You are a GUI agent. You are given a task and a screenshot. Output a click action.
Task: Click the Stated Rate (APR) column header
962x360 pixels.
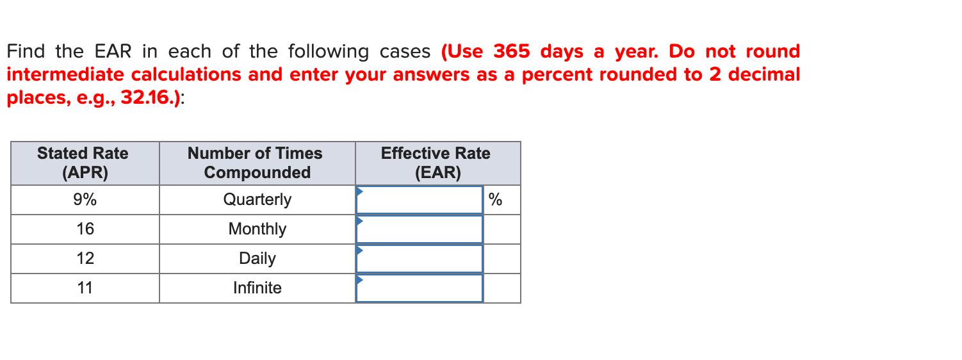tap(83, 163)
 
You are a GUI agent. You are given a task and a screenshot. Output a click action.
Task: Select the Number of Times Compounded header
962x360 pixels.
tap(256, 163)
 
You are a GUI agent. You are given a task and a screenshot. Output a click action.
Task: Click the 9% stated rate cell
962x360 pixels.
tap(85, 200)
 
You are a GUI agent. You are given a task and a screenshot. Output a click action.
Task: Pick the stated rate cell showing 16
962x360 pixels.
tap(85, 229)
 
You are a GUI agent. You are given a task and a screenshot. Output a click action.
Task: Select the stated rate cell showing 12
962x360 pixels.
tap(85, 259)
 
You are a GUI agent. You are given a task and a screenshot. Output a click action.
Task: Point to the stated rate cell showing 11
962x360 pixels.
tap(85, 288)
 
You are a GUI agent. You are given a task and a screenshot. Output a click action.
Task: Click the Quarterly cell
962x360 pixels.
tap(257, 200)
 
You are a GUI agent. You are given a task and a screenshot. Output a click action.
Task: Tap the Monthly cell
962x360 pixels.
tap(257, 229)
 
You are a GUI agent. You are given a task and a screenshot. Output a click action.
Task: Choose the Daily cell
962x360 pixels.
tap(257, 259)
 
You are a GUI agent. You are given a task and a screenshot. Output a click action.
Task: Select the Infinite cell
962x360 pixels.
tap(257, 288)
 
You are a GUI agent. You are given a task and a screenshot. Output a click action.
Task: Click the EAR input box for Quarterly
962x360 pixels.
tap(420, 200)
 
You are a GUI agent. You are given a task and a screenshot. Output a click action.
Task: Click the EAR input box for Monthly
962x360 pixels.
tap(420, 229)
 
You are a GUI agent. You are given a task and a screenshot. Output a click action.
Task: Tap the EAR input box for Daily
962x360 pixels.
tap(420, 259)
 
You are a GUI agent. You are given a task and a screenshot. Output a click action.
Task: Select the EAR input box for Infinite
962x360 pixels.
tap(420, 288)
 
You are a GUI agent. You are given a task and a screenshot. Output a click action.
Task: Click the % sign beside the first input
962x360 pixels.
tap(495, 200)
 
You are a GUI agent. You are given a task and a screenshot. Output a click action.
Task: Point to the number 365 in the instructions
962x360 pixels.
tap(512, 51)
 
